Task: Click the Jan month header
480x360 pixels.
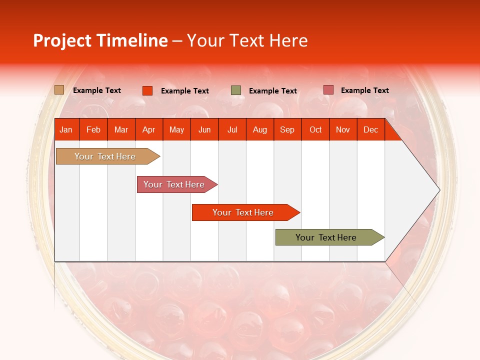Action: pos(66,129)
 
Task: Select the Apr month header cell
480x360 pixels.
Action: pos(149,129)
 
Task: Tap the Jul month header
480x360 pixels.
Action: pos(232,129)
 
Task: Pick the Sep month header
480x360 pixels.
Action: pos(287,129)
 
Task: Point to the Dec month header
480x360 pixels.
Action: pos(370,129)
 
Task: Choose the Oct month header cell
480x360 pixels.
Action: pos(315,129)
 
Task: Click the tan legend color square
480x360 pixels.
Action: pos(59,90)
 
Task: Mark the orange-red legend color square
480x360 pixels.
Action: pos(147,90)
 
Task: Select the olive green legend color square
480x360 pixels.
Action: pos(236,90)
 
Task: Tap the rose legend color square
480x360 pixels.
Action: pos(328,90)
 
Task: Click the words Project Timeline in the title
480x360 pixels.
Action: pos(100,40)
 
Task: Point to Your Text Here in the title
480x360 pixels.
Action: pos(247,40)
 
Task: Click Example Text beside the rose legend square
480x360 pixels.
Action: pos(364,90)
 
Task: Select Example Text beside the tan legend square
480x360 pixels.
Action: pos(96,90)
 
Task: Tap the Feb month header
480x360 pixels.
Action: pos(93,129)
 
